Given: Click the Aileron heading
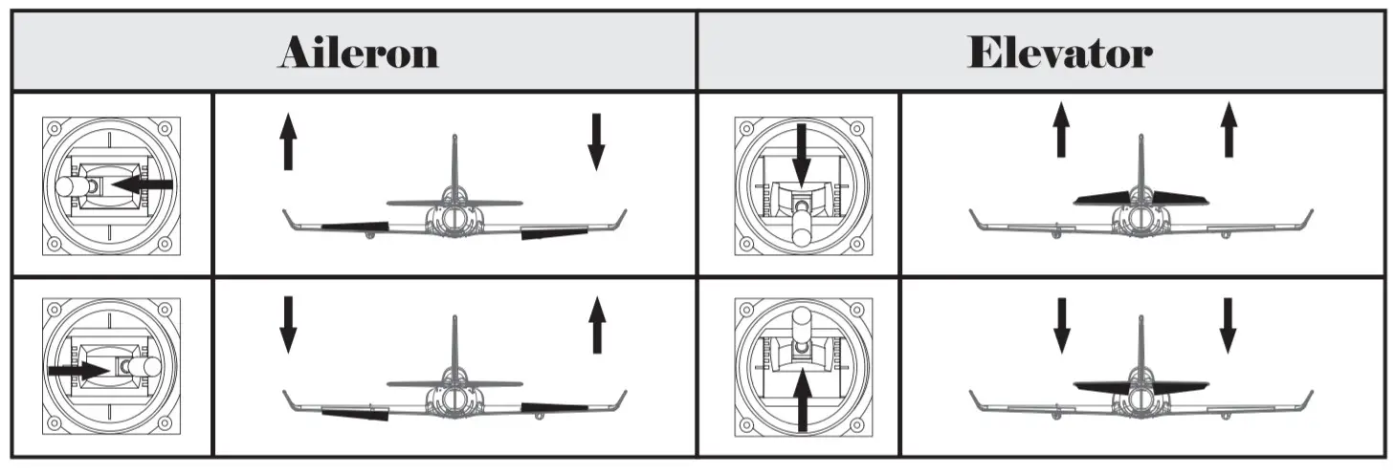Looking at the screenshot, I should [x=358, y=53].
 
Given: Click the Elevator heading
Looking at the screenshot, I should [x=1059, y=53].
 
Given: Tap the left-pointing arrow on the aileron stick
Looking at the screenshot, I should [x=142, y=184].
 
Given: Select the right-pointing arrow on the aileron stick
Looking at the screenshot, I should [x=79, y=367].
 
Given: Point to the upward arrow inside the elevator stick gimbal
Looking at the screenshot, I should [x=802, y=398].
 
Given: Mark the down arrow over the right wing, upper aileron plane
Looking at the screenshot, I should [x=596, y=141].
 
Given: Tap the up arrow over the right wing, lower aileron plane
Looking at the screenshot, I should [x=596, y=325].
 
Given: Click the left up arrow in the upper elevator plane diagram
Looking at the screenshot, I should [x=1060, y=132].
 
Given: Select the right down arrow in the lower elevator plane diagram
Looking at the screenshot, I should [x=1228, y=326].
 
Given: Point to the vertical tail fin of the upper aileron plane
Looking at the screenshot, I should [x=454, y=162].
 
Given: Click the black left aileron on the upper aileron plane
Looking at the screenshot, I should [x=355, y=227].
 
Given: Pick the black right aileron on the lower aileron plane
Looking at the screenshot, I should [x=554, y=407].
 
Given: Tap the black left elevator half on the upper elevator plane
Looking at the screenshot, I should [x=1099, y=198].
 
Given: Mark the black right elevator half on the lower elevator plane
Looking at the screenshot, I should [x=1180, y=388].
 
